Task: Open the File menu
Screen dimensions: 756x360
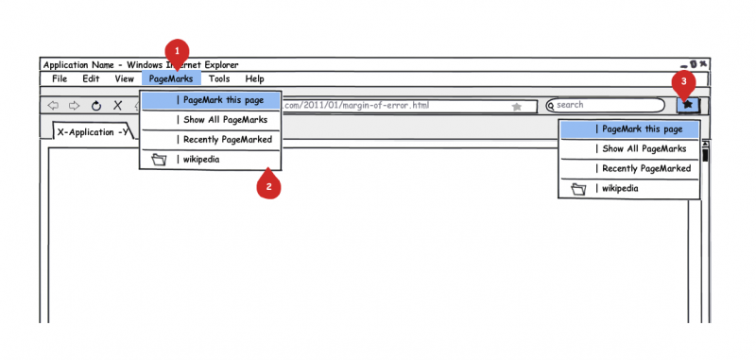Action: pyautogui.click(x=60, y=78)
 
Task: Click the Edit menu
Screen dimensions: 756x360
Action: pyautogui.click(x=91, y=78)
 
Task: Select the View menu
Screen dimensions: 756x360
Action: pyautogui.click(x=125, y=78)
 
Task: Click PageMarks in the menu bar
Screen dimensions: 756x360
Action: pyautogui.click(x=171, y=78)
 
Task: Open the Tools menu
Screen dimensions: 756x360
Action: pyautogui.click(x=219, y=78)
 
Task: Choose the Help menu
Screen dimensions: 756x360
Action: pyautogui.click(x=254, y=78)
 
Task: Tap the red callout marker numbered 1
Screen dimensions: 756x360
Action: pyautogui.click(x=177, y=52)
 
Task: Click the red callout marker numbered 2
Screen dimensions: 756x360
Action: pyautogui.click(x=268, y=186)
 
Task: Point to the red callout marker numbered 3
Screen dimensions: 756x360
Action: pyautogui.click(x=683, y=82)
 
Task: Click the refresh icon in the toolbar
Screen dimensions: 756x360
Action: pyautogui.click(x=96, y=106)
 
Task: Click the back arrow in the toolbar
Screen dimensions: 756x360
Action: pyautogui.click(x=53, y=106)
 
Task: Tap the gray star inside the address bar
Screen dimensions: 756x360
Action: pyautogui.click(x=516, y=107)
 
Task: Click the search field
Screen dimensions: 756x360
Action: pyautogui.click(x=605, y=105)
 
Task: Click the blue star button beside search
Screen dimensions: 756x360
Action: pyautogui.click(x=688, y=105)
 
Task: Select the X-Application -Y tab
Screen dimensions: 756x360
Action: pyautogui.click(x=93, y=131)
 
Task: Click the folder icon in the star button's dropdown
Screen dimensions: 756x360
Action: pyautogui.click(x=578, y=189)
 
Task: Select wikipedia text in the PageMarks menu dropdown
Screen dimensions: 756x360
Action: pyautogui.click(x=201, y=160)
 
